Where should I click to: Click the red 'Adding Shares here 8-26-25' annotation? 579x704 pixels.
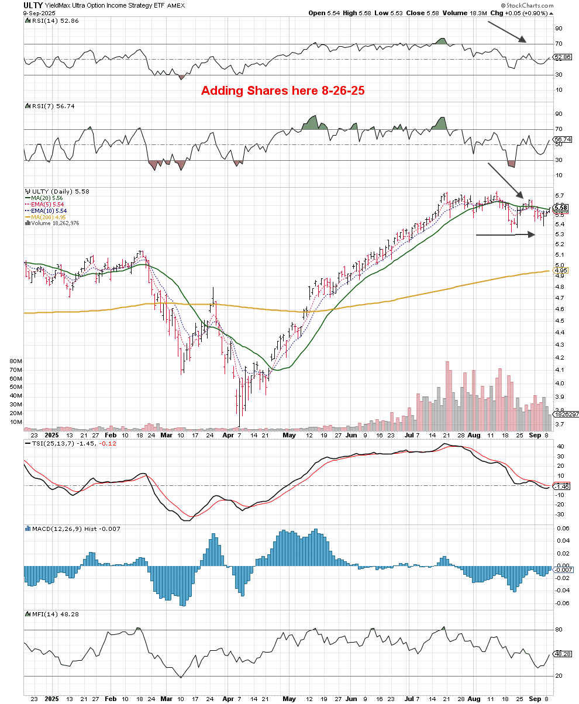tap(283, 91)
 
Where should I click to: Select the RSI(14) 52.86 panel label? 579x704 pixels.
tap(50, 20)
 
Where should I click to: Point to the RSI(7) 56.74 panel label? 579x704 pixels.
tap(48, 106)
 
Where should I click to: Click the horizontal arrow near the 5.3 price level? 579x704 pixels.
tap(505, 234)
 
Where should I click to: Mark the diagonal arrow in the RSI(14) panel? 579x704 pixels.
tap(508, 32)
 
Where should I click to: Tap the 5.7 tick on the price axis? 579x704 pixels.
tap(560, 196)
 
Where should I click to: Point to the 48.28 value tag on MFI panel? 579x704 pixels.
tap(561, 654)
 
